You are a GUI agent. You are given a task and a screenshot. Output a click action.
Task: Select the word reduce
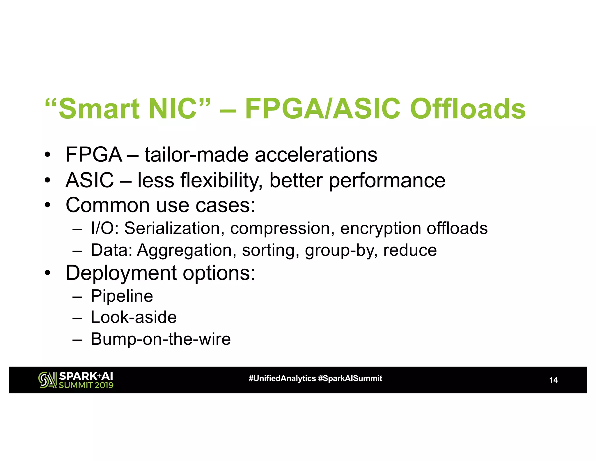(410, 250)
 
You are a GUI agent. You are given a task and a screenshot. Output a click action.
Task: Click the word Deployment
(121, 273)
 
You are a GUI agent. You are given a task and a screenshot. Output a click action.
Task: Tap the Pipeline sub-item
(122, 296)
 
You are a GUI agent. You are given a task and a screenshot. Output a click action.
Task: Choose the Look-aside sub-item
(134, 317)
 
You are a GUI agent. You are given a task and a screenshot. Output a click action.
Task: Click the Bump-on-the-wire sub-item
(161, 339)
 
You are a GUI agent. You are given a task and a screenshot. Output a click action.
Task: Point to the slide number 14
(553, 380)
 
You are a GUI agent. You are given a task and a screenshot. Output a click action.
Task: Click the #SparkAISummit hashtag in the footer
(350, 379)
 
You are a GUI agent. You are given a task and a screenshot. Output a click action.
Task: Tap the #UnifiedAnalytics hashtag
(282, 379)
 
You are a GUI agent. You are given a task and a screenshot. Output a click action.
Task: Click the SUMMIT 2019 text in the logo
(86, 385)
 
